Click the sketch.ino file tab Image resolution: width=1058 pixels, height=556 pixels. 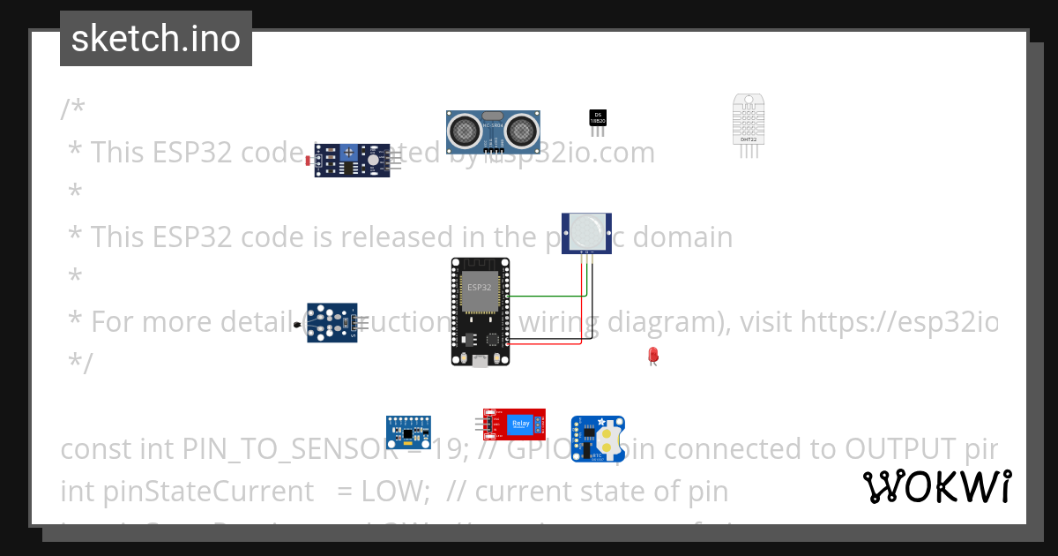155,39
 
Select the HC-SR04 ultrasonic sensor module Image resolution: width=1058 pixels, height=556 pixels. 493,132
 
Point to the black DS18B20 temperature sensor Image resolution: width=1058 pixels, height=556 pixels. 598,118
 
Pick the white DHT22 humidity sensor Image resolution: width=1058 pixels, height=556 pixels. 748,121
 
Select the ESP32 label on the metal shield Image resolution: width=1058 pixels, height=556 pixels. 480,288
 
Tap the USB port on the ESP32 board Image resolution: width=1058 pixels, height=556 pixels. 480,360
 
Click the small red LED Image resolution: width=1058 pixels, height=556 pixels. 652,355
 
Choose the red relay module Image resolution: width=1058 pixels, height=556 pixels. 515,425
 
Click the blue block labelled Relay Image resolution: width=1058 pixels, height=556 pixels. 519,425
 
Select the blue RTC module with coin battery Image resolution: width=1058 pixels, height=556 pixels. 598,440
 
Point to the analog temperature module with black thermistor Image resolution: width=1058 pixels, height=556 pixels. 332,323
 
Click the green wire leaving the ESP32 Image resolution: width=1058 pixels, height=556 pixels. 538,297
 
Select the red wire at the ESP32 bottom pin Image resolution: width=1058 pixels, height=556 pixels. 547,343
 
